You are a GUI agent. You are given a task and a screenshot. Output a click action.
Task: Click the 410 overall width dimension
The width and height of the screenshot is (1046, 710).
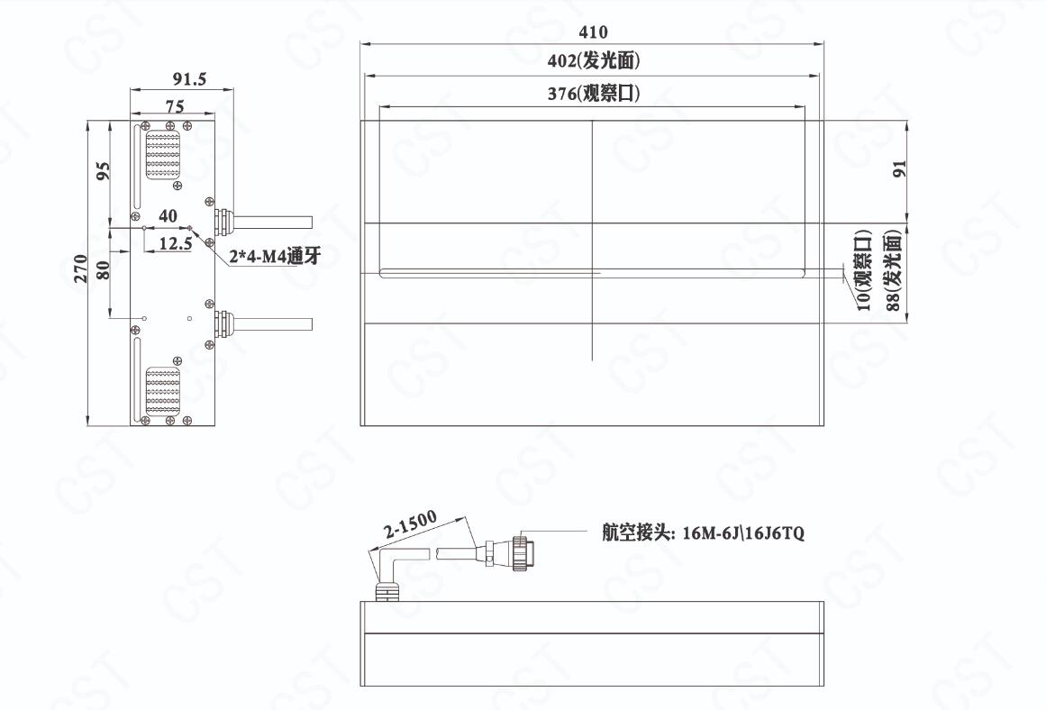coord(593,32)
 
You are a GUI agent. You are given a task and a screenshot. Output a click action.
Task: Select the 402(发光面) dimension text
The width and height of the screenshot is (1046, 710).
coord(593,60)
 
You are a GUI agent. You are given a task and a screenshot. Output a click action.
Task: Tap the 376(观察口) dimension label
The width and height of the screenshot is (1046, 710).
coord(593,93)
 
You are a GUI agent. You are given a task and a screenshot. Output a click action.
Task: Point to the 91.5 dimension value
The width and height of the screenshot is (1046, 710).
coord(189,78)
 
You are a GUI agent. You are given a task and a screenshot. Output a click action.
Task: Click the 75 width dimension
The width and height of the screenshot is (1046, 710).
coord(175,106)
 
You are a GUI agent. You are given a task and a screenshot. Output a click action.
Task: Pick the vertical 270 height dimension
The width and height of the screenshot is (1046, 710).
coord(80,269)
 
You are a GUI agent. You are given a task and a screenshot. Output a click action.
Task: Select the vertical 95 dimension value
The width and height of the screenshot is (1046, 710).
coord(104,170)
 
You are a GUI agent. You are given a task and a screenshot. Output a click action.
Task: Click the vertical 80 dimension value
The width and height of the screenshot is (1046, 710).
coord(103,270)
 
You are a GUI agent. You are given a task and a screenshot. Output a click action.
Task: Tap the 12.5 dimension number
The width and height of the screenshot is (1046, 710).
coord(176,243)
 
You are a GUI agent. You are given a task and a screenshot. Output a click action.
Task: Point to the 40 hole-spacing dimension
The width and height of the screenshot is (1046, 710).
coord(168,215)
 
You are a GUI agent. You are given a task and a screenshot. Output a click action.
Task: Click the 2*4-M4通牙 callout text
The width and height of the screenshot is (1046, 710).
coord(275,256)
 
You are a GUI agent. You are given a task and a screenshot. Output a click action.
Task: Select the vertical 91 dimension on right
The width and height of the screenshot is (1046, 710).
coord(899,168)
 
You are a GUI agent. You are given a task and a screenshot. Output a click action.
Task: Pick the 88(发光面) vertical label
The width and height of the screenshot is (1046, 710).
coord(893,270)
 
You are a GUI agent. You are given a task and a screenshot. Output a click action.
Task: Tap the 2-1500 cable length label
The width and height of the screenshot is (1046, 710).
coord(411,523)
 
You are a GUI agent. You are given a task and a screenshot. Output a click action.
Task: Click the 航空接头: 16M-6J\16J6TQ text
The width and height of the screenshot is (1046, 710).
coord(703,532)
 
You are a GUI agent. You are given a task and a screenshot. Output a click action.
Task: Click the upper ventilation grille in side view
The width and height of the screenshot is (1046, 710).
coord(163,156)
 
